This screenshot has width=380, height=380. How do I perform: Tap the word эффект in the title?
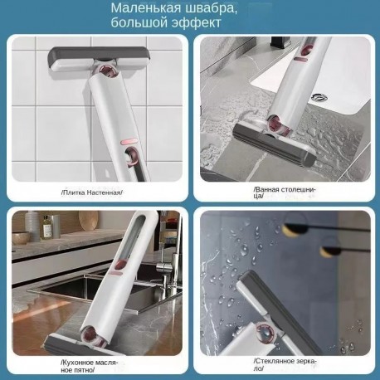pos(197,23)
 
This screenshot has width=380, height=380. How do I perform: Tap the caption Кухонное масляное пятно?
pos(90,366)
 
